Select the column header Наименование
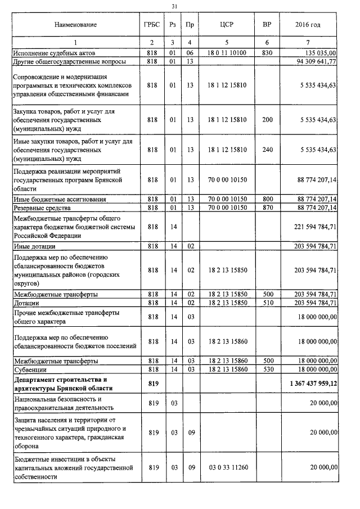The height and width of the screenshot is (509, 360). coord(75,25)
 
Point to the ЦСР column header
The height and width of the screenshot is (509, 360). coord(227,25)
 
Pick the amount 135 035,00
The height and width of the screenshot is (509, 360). coord(318,53)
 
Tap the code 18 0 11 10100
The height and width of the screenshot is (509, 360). coord(227,53)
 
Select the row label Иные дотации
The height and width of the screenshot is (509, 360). coord(34,246)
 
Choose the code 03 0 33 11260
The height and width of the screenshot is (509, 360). coord(227,467)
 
